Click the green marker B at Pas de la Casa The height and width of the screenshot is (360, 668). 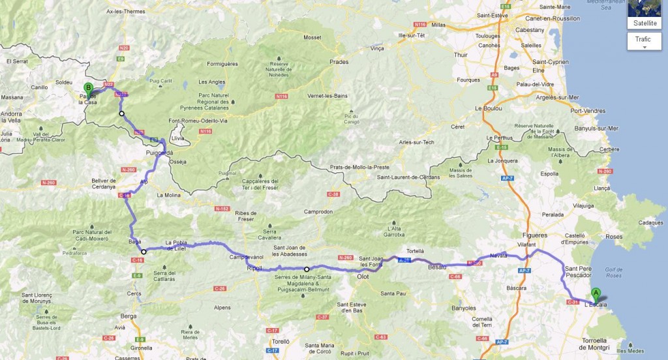88,89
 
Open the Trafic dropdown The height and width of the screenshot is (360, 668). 645,41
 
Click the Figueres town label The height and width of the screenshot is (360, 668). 534,235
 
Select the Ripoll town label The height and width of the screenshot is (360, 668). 254,268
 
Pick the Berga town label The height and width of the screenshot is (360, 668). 128,316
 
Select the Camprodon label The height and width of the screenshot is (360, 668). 318,212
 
